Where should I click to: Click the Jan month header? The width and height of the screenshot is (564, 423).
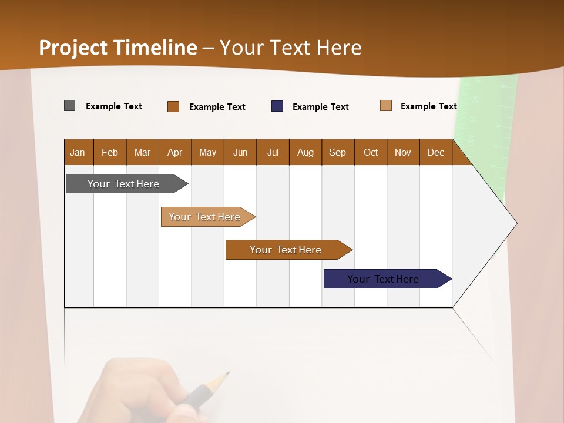78,152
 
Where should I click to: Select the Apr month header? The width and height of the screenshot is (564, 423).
174,152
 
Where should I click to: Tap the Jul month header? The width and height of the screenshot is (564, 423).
273,152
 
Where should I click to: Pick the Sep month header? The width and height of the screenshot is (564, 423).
337,152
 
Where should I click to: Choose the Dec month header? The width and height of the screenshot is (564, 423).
435,152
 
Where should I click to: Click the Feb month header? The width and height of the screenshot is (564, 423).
110,152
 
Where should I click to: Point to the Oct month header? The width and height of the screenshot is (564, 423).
371,152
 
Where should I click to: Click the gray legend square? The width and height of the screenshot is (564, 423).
69,106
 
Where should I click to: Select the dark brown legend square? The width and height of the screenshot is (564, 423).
173,106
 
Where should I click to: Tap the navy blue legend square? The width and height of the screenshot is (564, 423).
277,106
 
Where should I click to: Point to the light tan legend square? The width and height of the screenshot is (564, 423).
385,106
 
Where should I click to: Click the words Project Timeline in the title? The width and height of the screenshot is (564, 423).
117,48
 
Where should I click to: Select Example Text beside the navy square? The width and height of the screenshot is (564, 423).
320,107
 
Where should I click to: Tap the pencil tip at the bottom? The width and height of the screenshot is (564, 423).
226,374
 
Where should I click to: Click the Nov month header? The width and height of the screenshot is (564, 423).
403,152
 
